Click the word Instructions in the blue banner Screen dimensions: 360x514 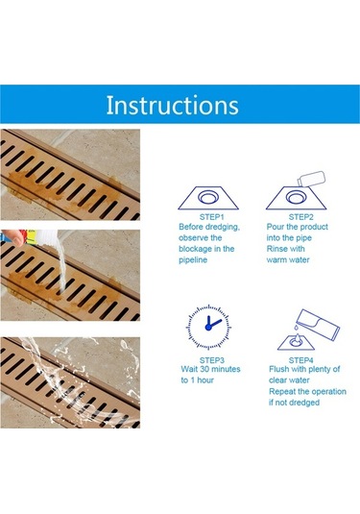click(172, 105)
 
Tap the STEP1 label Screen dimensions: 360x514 click(211, 217)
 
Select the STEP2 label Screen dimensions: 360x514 click(300, 217)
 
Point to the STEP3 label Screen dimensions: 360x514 click(211, 360)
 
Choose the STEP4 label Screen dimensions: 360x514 click(300, 360)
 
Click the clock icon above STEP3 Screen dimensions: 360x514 click(208, 327)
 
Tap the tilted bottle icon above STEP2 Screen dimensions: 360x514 click(310, 179)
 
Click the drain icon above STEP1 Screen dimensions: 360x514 click(208, 198)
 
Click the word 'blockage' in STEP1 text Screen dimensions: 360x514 click(195, 249)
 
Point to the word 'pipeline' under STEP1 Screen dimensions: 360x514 click(193, 260)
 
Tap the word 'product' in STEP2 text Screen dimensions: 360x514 click(314, 227)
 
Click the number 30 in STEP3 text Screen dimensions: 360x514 click(204, 369)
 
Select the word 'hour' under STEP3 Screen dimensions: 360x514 click(205, 380)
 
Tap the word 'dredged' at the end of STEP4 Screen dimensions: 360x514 click(304, 403)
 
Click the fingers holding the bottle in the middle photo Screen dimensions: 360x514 click(12, 237)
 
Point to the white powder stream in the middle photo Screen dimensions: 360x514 click(62, 265)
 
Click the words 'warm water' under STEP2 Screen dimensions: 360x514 click(288, 260)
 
